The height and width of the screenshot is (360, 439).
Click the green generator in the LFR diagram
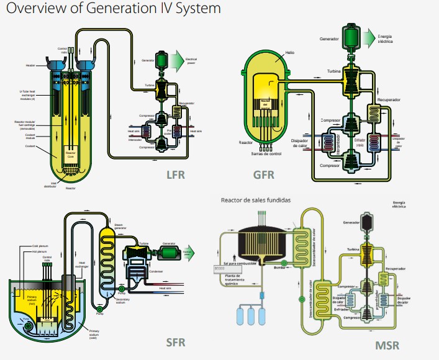click(x=163, y=60)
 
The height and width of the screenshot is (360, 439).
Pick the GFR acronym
click(x=264, y=174)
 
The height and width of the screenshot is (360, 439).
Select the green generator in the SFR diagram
click(x=167, y=251)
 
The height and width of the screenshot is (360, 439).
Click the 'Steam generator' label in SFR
click(x=120, y=227)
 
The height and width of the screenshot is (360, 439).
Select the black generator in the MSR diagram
click(x=368, y=220)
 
